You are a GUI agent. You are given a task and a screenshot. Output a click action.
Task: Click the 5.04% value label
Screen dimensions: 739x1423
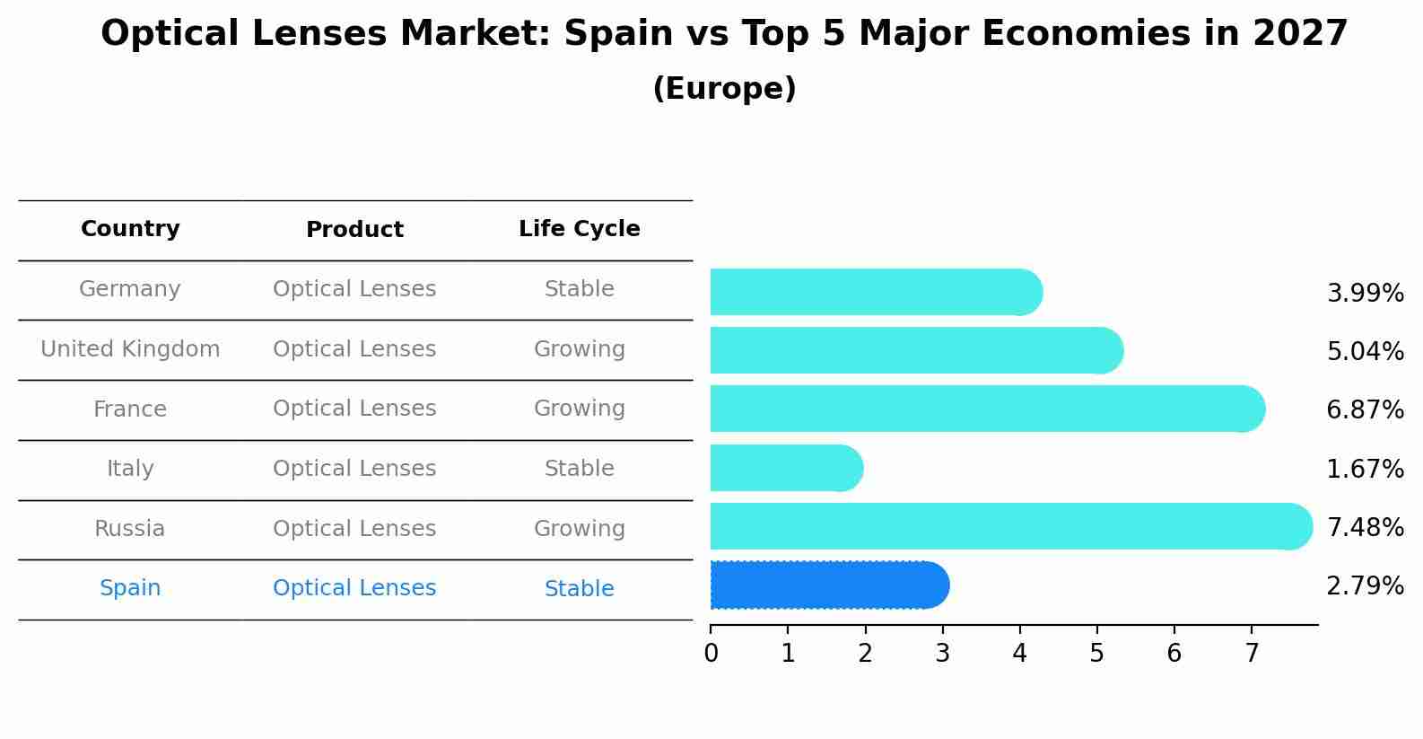click(x=1365, y=351)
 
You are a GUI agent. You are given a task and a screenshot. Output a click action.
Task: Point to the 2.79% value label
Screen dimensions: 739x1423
click(x=1365, y=586)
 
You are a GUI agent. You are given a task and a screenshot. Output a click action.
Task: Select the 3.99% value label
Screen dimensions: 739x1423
click(x=1365, y=293)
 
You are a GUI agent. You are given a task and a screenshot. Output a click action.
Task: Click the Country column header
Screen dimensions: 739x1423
click(x=130, y=229)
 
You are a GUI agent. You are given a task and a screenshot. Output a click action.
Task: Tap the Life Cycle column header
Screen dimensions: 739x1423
click(x=579, y=229)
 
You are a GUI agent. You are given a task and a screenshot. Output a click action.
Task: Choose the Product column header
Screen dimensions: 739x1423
click(x=354, y=230)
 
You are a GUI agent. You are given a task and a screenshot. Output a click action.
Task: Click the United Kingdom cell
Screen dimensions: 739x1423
click(x=130, y=349)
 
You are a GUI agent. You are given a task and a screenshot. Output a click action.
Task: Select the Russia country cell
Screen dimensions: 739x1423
click(x=130, y=529)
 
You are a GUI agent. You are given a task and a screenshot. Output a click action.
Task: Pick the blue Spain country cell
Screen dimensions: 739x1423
click(x=130, y=588)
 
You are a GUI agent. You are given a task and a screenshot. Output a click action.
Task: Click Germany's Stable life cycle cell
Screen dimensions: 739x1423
click(x=579, y=289)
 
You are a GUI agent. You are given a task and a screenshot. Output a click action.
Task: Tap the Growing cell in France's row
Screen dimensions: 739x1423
click(x=579, y=409)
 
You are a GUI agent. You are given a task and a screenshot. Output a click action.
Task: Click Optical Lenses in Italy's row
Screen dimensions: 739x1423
click(x=354, y=469)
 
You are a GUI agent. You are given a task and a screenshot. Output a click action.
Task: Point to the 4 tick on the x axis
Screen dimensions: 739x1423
click(x=1019, y=653)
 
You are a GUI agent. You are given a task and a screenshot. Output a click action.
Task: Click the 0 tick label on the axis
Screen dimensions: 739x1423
click(x=711, y=653)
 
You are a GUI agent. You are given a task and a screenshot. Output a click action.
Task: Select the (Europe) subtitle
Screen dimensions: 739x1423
click(x=724, y=89)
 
